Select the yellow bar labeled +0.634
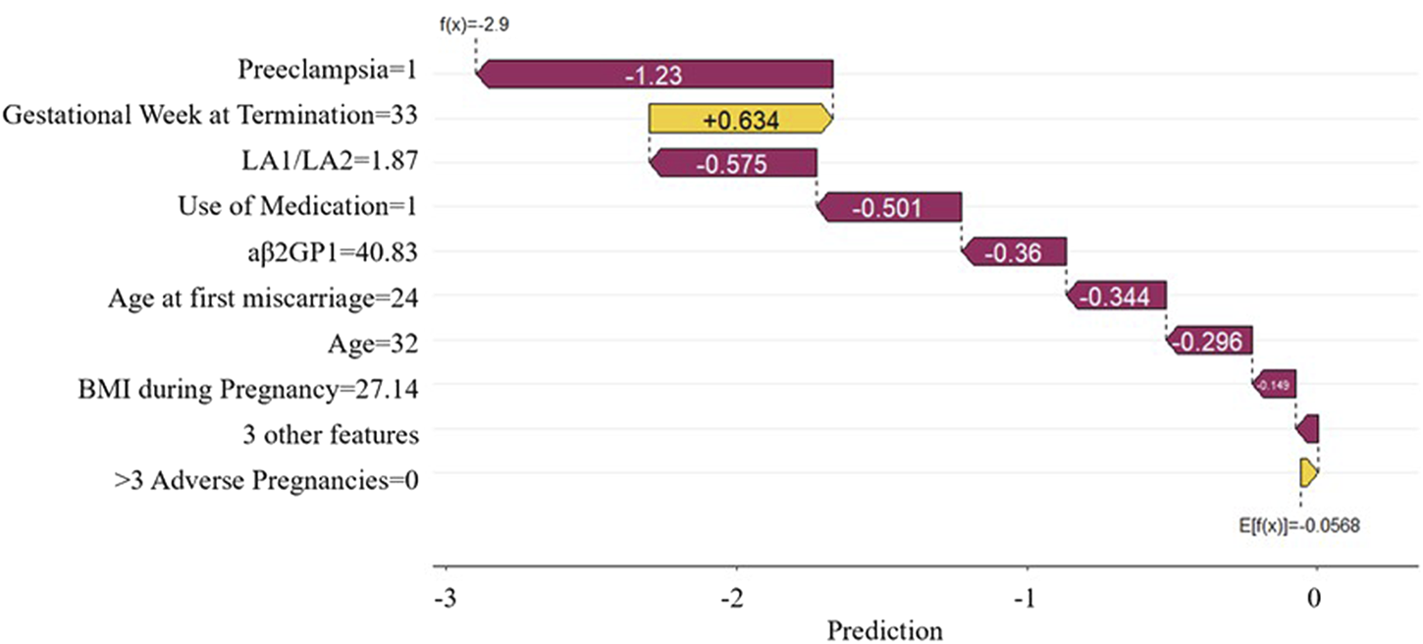740,120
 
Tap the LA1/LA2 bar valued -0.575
733,164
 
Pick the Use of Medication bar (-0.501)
889,208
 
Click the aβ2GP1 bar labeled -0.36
1015,252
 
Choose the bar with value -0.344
1117,296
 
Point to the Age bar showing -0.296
1210,341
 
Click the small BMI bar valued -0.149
1274,385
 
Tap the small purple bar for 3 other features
1307,429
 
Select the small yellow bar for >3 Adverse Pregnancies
1308,473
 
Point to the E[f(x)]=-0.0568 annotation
1299,526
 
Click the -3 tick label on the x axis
447,600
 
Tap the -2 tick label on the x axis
737,600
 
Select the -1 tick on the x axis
1026,600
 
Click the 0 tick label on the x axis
1316,600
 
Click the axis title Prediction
884,629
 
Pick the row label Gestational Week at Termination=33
211,117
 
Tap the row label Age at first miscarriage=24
263,298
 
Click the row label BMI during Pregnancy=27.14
248,390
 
